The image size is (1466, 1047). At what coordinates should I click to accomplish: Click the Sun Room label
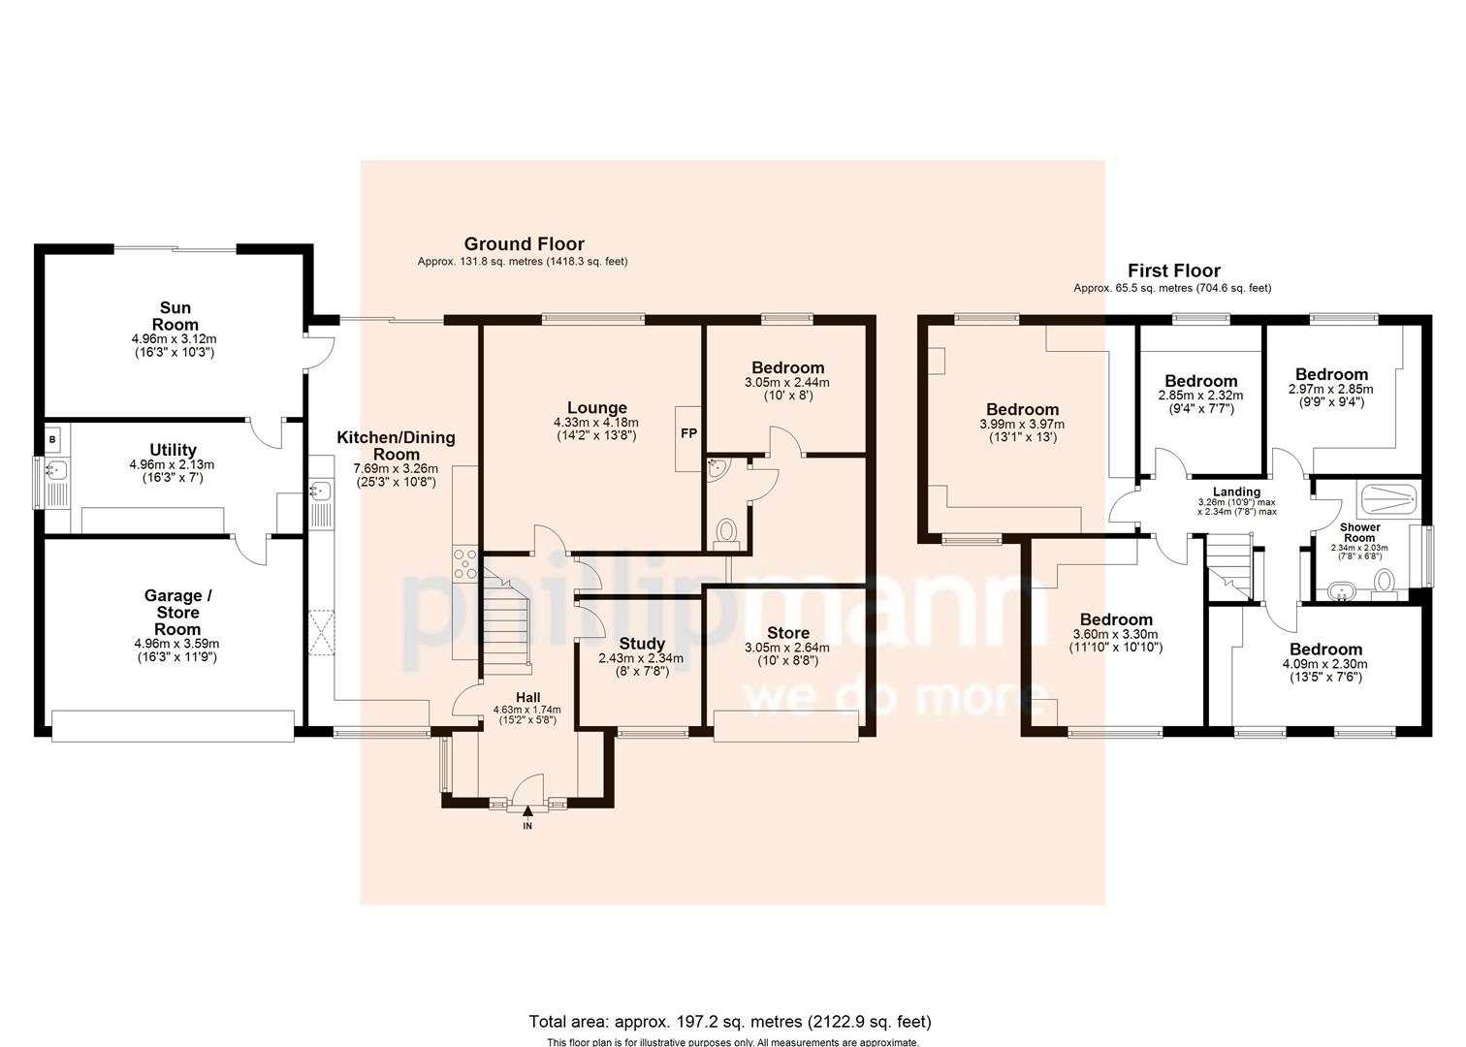click(175, 316)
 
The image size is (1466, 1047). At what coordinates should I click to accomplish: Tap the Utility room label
click(174, 450)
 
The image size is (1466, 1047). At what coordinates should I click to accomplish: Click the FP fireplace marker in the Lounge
click(688, 433)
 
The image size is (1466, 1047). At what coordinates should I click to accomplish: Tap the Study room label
click(641, 644)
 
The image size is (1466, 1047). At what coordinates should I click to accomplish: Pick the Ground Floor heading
click(524, 244)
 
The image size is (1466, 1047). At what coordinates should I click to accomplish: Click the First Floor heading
click(1173, 271)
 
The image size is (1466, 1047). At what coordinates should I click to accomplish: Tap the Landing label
click(1236, 492)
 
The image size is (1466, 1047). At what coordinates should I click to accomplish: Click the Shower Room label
click(1359, 532)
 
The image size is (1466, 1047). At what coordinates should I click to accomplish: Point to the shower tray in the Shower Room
click(1391, 499)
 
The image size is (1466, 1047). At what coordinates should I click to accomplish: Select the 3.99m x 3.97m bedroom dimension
click(1021, 425)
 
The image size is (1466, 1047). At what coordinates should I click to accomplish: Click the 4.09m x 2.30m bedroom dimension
click(1324, 665)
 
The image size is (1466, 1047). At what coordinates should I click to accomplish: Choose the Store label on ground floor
click(789, 633)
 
